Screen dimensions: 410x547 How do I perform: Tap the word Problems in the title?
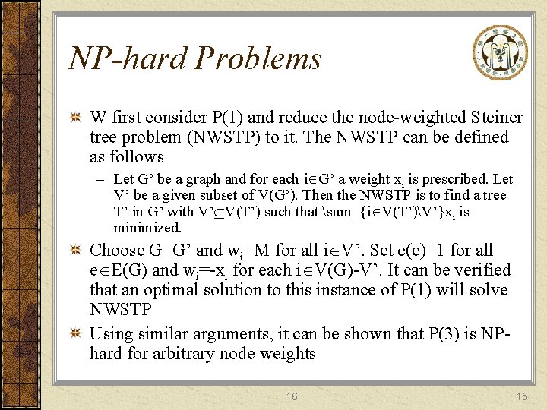(260, 58)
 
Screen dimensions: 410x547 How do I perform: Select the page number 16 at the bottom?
(292, 396)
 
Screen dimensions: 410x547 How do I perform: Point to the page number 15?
(521, 396)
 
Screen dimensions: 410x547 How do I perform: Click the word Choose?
(117, 251)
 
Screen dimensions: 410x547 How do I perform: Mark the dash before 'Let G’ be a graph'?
(101, 180)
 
